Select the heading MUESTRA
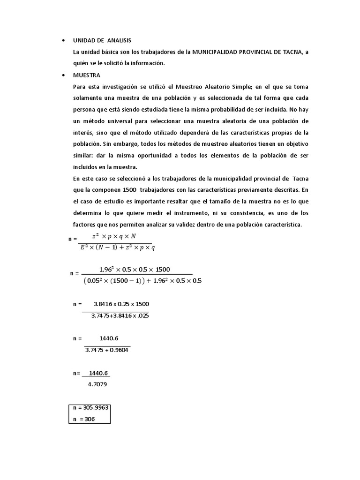coord(87,75)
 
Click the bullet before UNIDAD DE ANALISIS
coord(63,40)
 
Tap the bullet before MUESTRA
coord(63,75)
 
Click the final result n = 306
coord(84,419)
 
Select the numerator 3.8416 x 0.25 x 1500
coord(121,304)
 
